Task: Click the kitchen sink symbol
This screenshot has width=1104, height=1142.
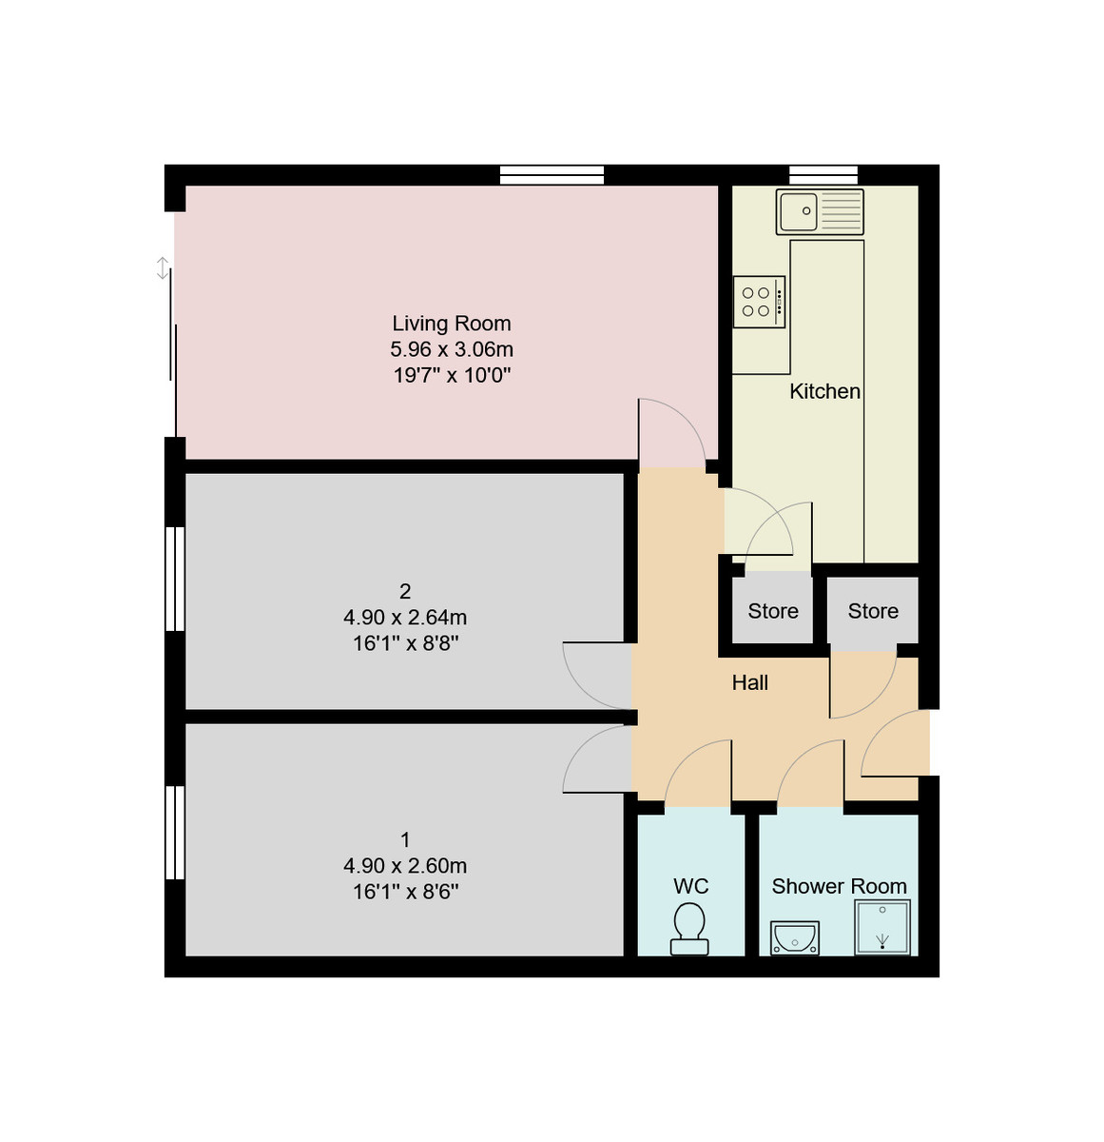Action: tap(820, 211)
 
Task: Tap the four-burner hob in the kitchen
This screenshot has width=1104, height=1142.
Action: tap(758, 303)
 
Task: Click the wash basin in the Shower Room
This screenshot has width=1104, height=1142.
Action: tap(794, 937)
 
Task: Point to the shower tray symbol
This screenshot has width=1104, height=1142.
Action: tap(882, 928)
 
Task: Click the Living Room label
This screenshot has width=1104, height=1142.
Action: tap(452, 324)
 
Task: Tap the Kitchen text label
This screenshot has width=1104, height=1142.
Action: tap(824, 391)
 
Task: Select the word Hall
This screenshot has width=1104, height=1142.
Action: tap(749, 682)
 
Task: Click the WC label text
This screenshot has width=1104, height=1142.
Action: tap(690, 886)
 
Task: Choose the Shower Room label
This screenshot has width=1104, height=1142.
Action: tap(839, 886)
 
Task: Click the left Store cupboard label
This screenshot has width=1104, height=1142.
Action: tap(772, 611)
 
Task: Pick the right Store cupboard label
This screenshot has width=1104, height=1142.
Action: tap(872, 611)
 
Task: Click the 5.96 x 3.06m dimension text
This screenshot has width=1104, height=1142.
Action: tap(452, 349)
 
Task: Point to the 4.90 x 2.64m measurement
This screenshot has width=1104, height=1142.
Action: tap(405, 618)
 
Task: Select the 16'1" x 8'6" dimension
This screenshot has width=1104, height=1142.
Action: tap(405, 892)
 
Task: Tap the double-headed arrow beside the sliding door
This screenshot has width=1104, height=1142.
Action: tap(163, 268)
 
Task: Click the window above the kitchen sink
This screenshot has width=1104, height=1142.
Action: tap(823, 175)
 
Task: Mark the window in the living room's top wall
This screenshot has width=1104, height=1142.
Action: tap(552, 175)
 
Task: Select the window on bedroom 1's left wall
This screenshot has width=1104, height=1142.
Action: tap(175, 832)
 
